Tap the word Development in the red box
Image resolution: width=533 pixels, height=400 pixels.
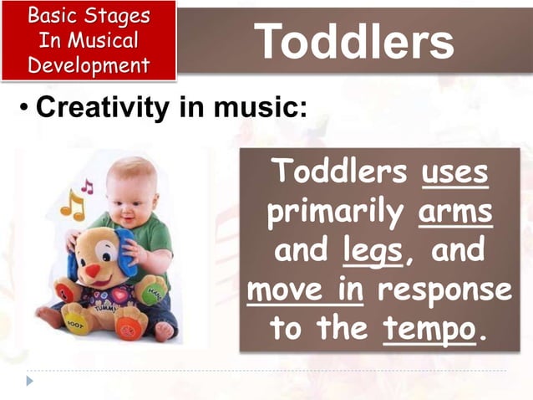89,65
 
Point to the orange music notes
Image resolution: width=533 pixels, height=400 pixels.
72,203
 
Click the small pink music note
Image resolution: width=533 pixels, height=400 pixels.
87,186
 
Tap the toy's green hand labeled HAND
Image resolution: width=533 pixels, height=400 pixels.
154,292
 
